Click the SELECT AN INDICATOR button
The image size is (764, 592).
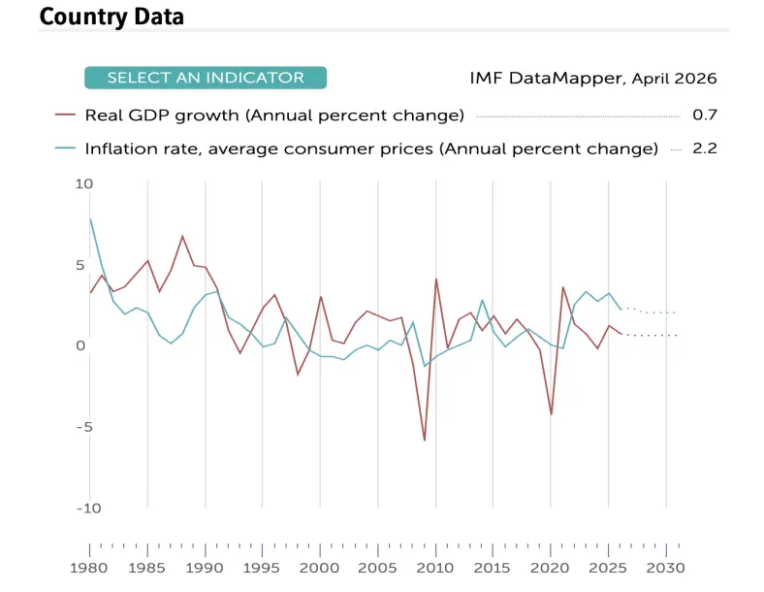pos(206,78)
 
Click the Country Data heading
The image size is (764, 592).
pos(111,16)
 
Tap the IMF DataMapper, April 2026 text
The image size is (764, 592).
pos(593,78)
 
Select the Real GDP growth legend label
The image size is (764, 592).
pos(274,115)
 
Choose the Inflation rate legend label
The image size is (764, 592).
pos(371,148)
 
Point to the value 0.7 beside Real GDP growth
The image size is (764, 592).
pos(705,115)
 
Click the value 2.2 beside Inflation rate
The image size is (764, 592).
pos(705,148)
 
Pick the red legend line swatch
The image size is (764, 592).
pos(65,115)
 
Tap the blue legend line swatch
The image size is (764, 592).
pos(65,148)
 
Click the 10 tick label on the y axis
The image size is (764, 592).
pos(83,183)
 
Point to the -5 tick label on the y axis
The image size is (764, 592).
pos(84,427)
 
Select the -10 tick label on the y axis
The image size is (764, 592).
pos(88,509)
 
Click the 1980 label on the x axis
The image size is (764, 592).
pos(88,568)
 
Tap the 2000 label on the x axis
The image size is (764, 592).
pos(320,568)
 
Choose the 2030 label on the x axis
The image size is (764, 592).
pos(665,568)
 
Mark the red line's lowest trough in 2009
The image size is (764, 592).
pos(425,441)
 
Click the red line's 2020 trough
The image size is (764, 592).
pos(552,414)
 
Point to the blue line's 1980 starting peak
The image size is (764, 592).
pos(90,219)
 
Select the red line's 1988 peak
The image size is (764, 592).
pos(182,236)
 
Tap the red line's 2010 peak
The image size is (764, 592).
pos(435,280)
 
